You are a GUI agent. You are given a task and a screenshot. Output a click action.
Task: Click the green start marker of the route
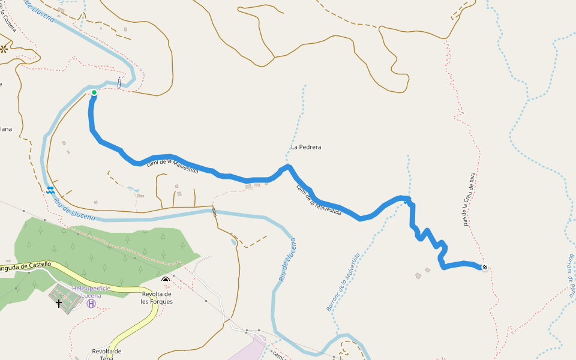[x=94, y=92]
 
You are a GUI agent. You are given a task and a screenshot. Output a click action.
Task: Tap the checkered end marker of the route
[x=485, y=268]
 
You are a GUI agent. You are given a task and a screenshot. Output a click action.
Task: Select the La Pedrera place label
[x=306, y=147]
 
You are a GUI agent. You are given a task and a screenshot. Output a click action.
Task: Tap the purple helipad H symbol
[x=91, y=304]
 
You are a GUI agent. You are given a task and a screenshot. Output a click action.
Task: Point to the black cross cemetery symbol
[x=59, y=303]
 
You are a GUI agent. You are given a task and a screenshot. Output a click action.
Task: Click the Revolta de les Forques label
[x=157, y=298]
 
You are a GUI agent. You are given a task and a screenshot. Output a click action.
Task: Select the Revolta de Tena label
[x=107, y=354]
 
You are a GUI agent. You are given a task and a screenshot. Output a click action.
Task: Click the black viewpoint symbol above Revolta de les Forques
[x=166, y=280]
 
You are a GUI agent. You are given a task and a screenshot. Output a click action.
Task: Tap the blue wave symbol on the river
[x=50, y=190]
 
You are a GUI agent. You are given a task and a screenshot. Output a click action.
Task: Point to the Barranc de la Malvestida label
[x=343, y=282]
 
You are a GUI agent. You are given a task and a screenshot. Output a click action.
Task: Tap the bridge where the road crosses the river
[x=214, y=211]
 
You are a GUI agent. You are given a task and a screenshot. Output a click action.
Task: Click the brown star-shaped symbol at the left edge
[x=4, y=49]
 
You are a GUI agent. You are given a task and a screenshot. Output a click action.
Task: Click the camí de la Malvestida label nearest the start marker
[x=173, y=165]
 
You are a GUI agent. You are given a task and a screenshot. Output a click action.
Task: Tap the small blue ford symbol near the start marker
[x=119, y=83]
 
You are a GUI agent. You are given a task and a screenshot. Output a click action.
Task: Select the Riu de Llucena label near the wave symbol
[x=75, y=209]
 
